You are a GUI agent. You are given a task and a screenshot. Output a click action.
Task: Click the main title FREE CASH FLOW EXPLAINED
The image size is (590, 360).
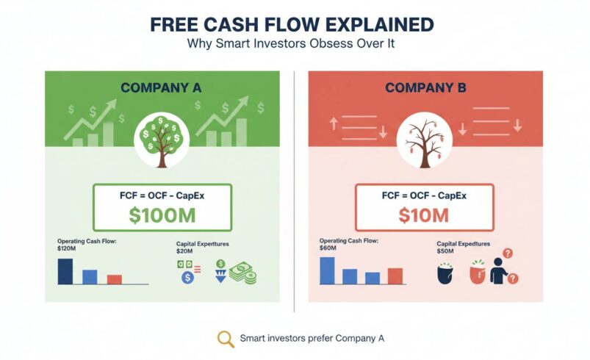point(292,24)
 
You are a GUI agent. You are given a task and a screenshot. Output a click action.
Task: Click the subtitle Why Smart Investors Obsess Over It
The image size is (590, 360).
point(292,44)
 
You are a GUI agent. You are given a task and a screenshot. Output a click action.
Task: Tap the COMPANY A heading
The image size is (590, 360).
point(162,88)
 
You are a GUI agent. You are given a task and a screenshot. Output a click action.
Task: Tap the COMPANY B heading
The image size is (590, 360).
point(426,88)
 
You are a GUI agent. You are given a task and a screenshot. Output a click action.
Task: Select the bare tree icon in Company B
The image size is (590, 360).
point(425,137)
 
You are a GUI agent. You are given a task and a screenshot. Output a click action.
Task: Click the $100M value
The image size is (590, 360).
point(162,215)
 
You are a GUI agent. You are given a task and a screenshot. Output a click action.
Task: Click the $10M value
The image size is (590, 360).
point(424,215)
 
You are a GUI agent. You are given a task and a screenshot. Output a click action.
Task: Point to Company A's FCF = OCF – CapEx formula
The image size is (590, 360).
point(162,196)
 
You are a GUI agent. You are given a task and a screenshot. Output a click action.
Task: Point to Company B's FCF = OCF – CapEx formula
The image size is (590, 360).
point(425,196)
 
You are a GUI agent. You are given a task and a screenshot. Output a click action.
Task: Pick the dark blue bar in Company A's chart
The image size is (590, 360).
point(65,270)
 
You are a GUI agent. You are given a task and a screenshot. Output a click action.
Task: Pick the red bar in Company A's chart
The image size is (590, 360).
point(114,279)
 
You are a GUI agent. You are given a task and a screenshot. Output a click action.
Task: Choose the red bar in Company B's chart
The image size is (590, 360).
point(395,276)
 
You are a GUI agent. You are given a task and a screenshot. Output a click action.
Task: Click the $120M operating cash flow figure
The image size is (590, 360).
point(68,248)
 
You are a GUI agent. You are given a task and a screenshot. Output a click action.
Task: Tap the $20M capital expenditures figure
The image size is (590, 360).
point(184,251)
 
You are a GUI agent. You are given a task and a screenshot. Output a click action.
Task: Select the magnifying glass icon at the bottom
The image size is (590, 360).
point(226,339)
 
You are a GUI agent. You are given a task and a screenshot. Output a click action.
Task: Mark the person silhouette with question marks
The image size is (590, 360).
point(500,270)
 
